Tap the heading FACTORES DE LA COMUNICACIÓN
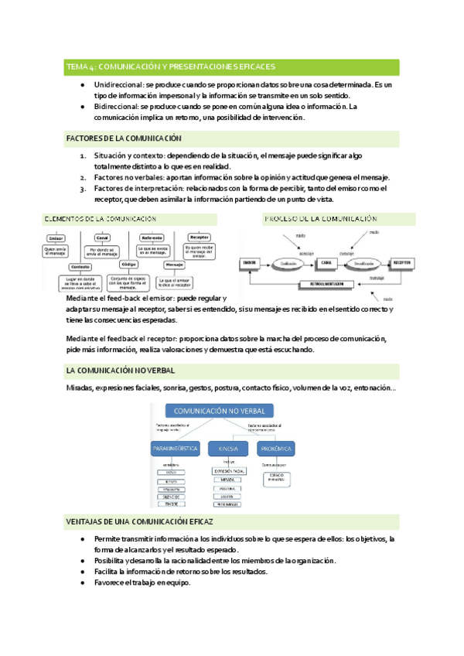pyautogui.click(x=124, y=138)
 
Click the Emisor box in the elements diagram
pyautogui.click(x=56, y=237)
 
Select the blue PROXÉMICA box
pyautogui.click(x=278, y=449)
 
